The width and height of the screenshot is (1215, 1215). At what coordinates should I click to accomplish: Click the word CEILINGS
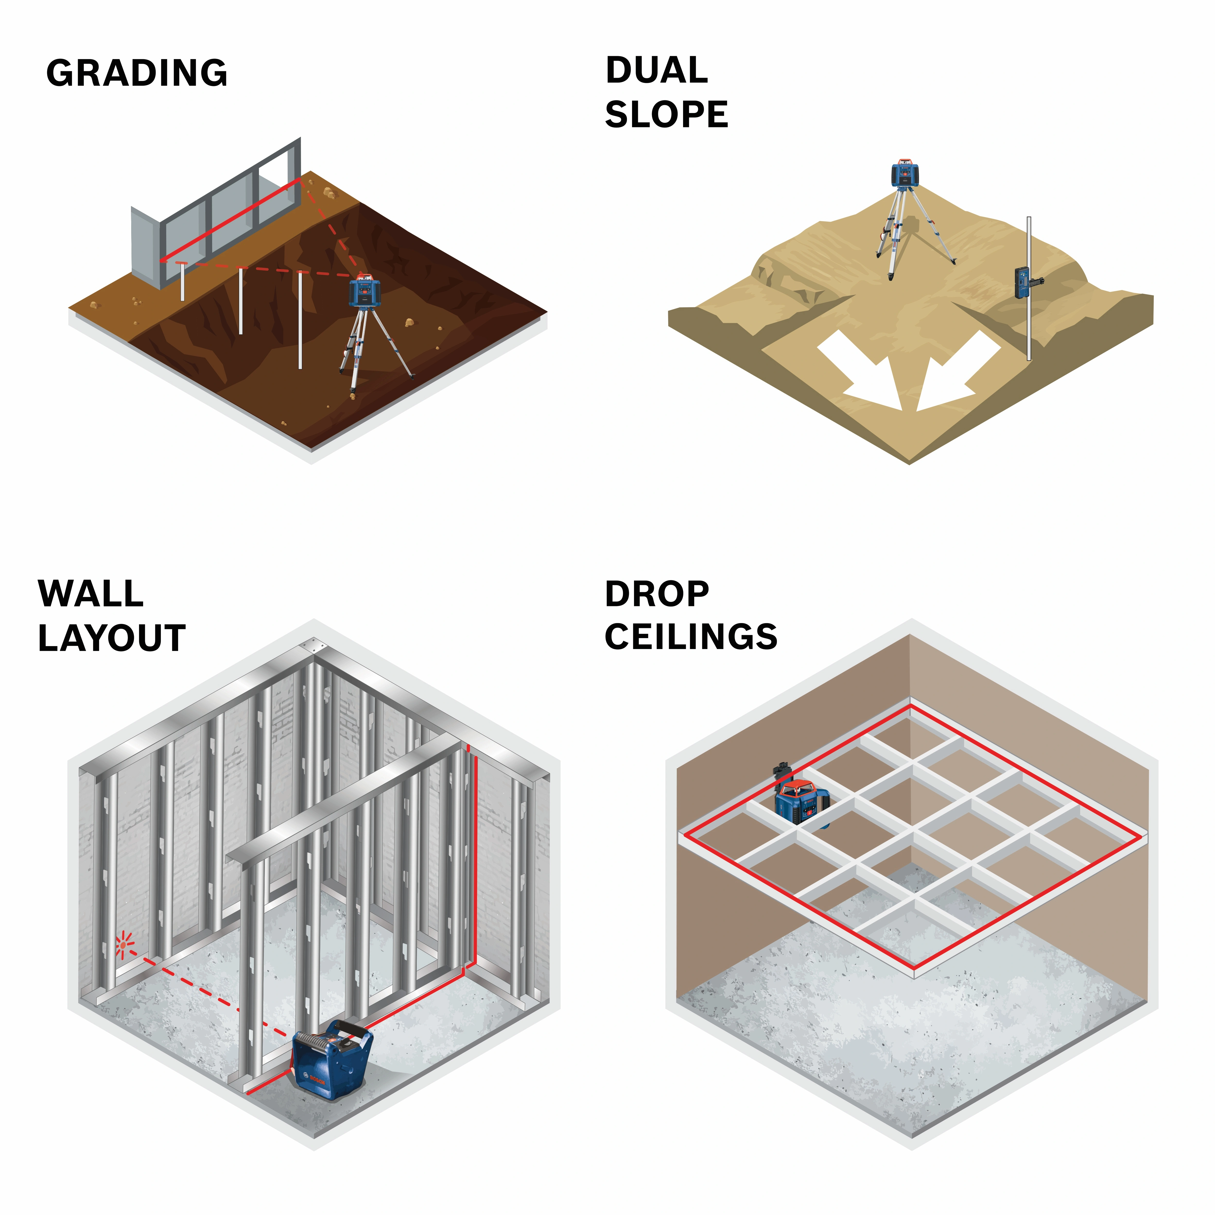[691, 637]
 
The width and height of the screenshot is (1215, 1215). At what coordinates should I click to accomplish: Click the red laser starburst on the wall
[124, 944]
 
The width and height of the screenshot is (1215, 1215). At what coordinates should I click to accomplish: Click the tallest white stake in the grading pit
[300, 321]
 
